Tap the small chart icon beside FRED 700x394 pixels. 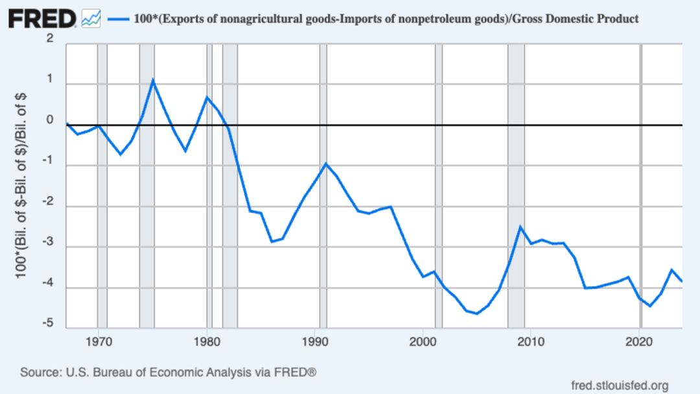[91, 19]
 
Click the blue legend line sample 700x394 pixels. [117, 19]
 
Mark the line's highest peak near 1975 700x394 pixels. [152, 80]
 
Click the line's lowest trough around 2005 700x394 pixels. [477, 314]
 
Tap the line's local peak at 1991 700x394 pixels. [325, 164]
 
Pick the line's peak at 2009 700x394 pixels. [520, 226]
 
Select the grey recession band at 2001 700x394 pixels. [438, 195]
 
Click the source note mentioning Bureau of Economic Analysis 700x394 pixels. [169, 373]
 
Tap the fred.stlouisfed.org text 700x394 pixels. [620, 386]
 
